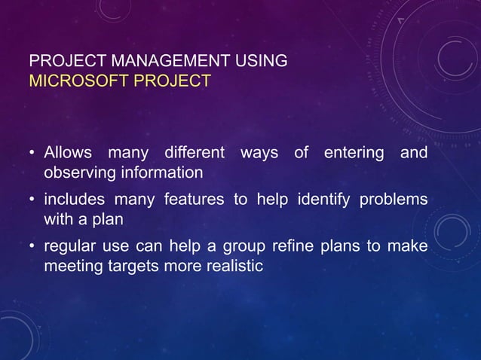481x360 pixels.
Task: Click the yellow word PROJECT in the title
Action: pos(169,81)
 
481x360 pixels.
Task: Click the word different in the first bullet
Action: pos(194,154)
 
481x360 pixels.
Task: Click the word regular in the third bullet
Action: pos(68,247)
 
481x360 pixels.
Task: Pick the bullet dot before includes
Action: pos(32,201)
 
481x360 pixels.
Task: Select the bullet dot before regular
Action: pos(32,247)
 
